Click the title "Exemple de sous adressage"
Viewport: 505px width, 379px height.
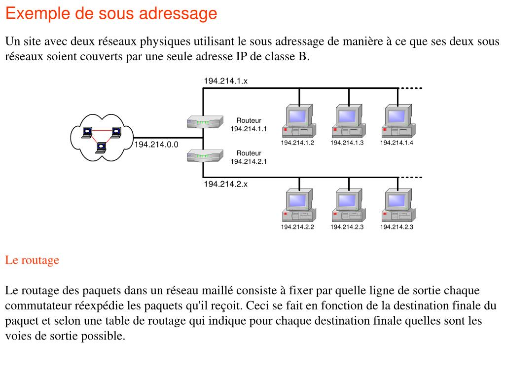click(x=111, y=13)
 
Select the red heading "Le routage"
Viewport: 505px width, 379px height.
click(x=32, y=260)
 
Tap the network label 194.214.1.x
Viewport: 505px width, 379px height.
click(x=225, y=81)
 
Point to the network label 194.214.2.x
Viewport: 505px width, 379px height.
click(x=225, y=184)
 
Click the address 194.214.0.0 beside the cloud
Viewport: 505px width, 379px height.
click(x=156, y=145)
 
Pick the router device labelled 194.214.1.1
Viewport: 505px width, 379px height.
click(x=203, y=122)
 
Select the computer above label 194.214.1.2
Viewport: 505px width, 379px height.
click(x=298, y=121)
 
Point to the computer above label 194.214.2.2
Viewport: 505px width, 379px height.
click(x=298, y=206)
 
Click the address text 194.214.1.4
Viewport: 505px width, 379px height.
click(x=397, y=143)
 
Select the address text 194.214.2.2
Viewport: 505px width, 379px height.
click(x=298, y=227)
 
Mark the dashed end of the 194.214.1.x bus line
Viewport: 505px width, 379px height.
click(x=411, y=88)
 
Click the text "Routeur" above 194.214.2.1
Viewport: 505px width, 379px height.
click(x=249, y=153)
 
